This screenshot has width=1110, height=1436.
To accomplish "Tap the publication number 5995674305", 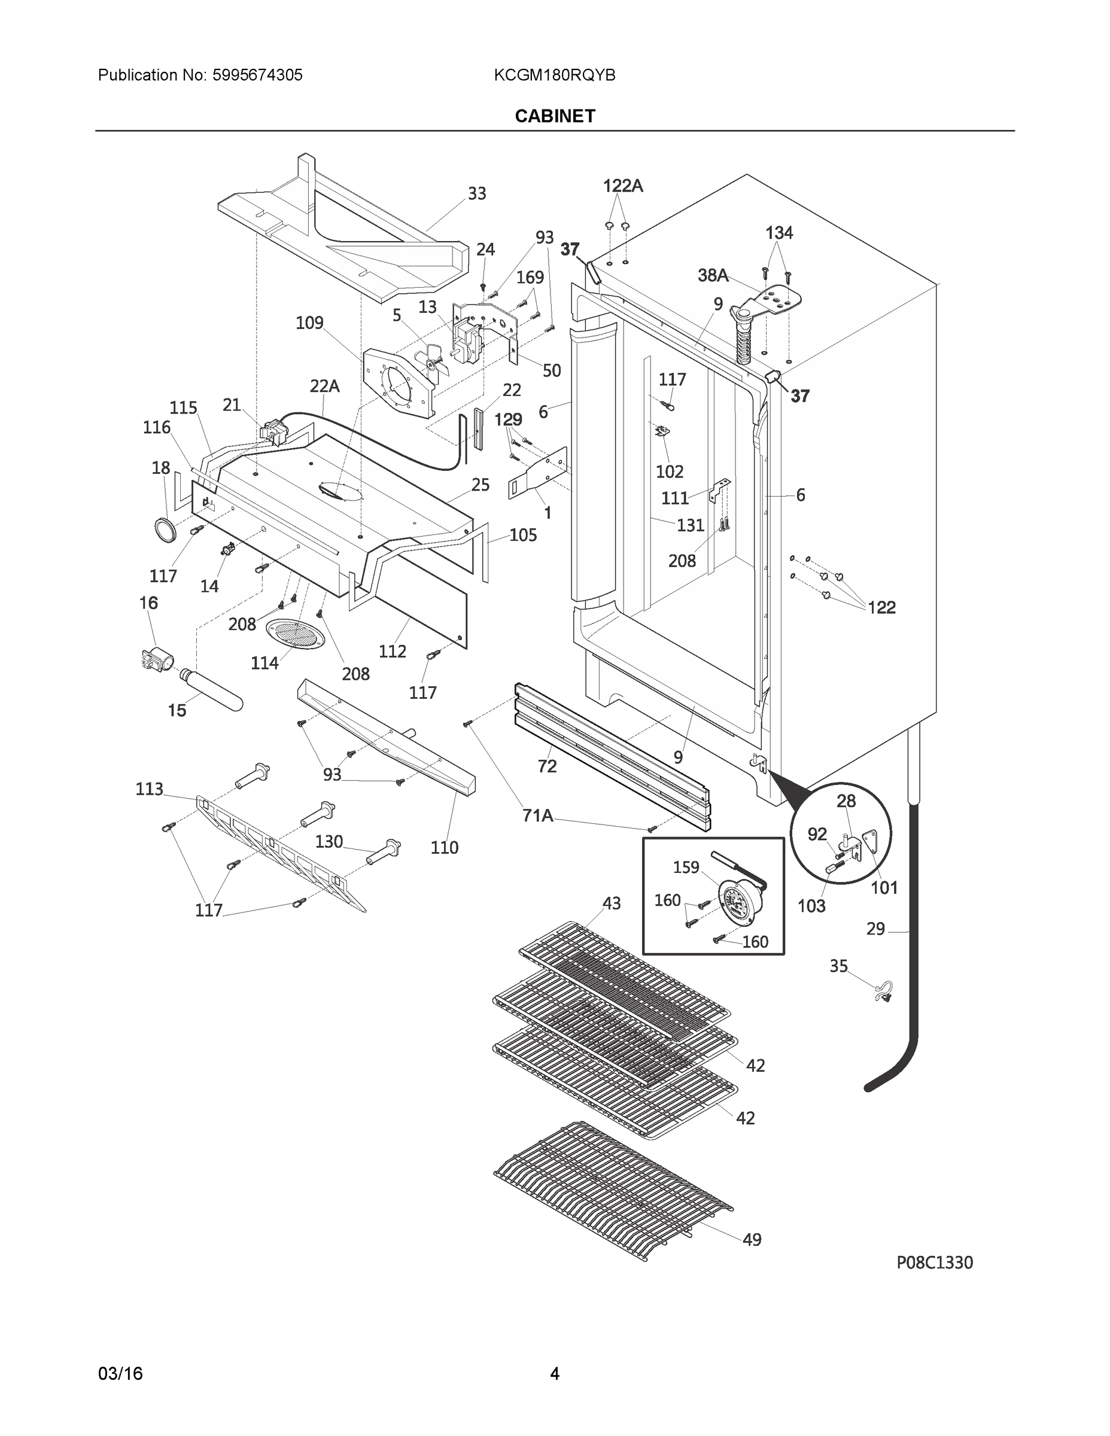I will [257, 75].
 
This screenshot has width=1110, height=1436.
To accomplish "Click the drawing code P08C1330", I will [935, 1262].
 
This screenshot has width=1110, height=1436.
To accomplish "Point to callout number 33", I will [477, 193].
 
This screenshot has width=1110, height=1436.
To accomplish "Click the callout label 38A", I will [713, 275].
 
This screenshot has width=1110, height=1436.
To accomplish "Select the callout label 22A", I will [324, 386].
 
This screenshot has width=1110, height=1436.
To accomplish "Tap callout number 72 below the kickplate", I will [546, 766].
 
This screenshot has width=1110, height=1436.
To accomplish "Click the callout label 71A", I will [537, 816].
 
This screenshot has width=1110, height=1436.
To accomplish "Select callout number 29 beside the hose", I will [875, 929].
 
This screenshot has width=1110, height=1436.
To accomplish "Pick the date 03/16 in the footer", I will [120, 1374].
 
